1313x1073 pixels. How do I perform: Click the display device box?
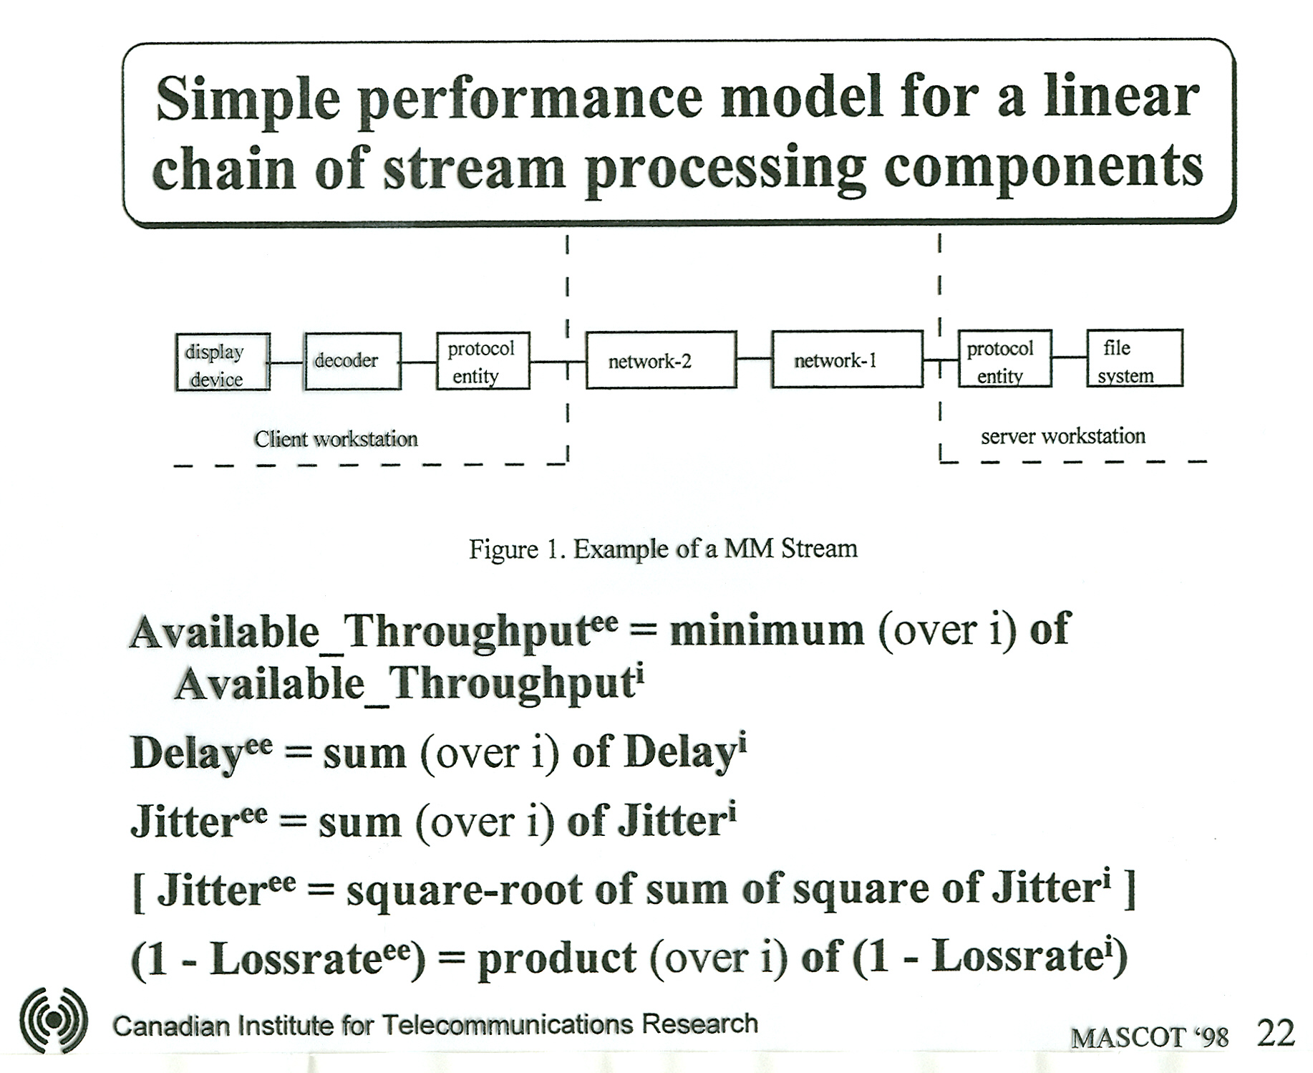point(223,362)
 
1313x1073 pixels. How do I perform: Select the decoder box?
point(352,361)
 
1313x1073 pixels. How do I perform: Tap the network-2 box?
point(661,360)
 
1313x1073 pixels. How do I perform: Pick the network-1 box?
point(847,359)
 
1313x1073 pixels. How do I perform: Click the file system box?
point(1135,358)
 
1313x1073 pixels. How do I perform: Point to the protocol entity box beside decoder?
point(483,360)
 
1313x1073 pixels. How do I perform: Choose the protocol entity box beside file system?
point(1005,358)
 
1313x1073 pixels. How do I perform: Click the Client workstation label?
point(336,438)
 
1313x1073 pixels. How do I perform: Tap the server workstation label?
point(1063,436)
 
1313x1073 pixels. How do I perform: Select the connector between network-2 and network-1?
point(755,358)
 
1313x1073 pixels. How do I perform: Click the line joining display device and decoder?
point(287,362)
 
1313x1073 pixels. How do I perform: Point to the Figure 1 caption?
point(663,549)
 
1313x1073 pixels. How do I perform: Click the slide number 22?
point(1276,1034)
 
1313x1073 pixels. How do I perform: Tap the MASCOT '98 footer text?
point(1150,1037)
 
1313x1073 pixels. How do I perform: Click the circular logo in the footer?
point(54,1020)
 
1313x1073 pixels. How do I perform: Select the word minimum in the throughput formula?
point(767,630)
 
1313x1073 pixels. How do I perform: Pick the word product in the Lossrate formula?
point(557,958)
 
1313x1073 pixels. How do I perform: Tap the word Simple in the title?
point(248,100)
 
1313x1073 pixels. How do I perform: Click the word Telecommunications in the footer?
point(507,1024)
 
